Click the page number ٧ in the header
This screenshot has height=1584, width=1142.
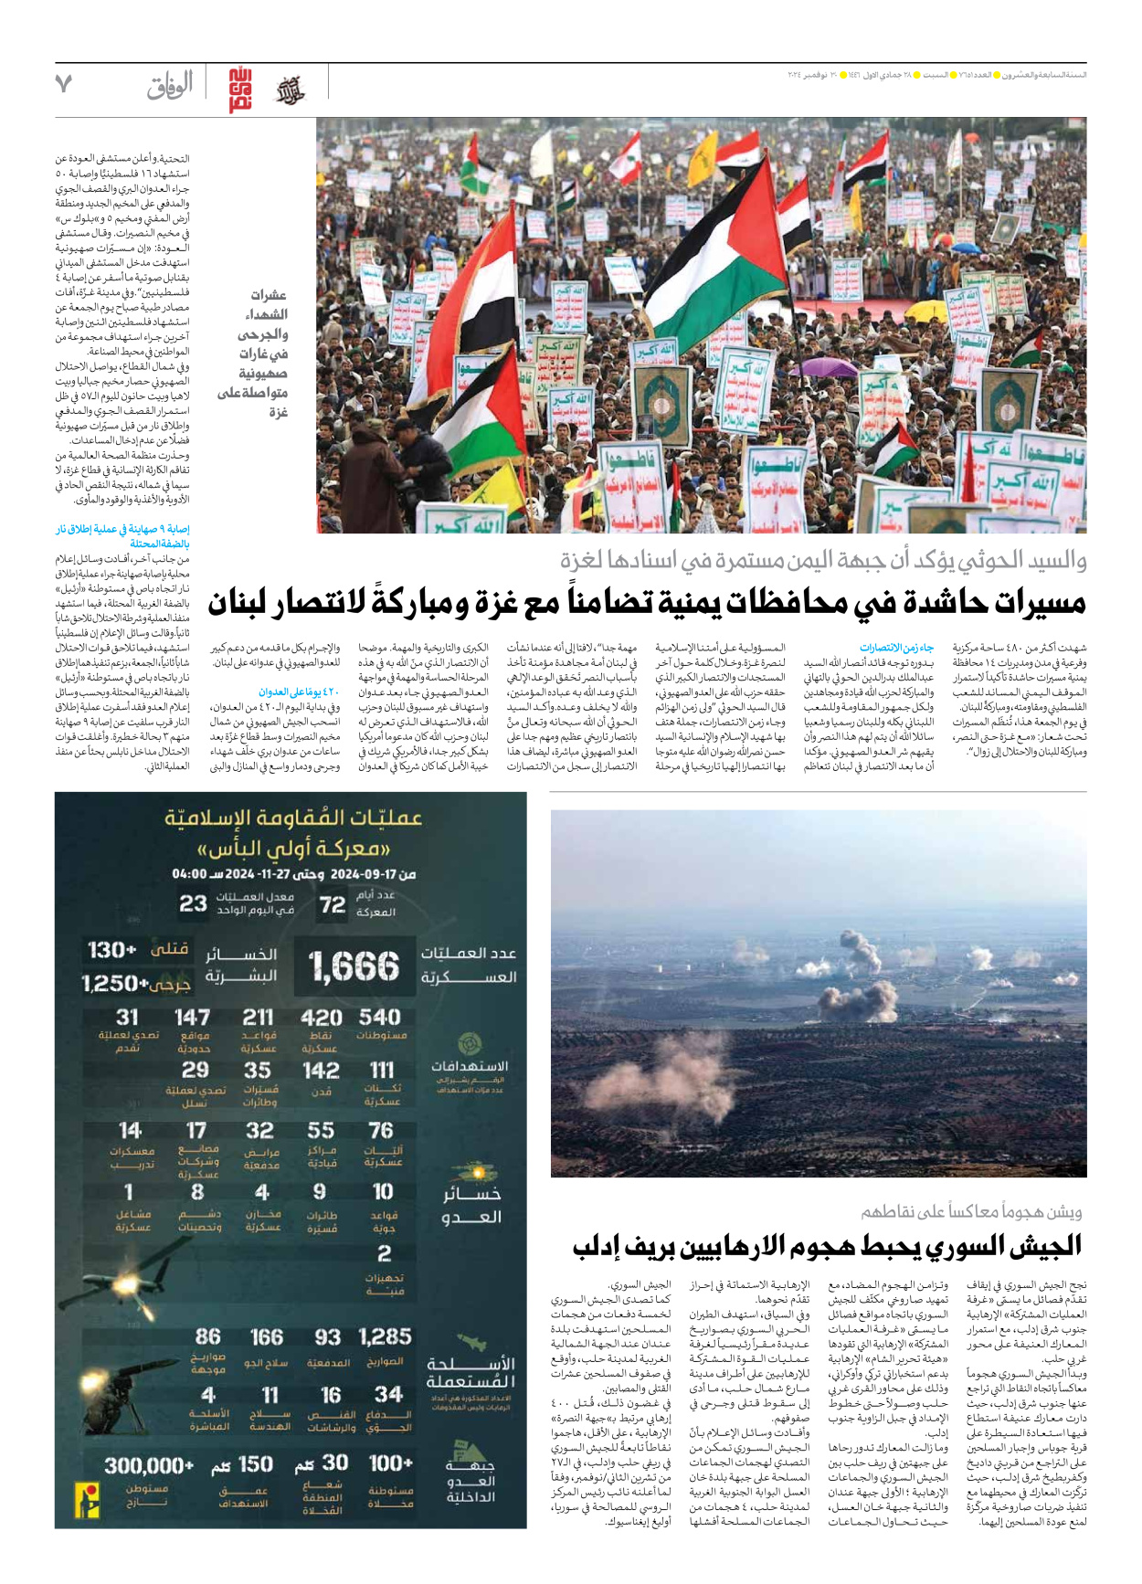[63, 84]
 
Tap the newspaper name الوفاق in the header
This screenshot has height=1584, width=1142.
[170, 86]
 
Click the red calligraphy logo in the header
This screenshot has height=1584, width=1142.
[240, 90]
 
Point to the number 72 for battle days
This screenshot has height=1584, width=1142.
[332, 904]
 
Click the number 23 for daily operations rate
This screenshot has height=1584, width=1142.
[193, 903]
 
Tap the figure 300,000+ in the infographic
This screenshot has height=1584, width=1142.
[149, 1465]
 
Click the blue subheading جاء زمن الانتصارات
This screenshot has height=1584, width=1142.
[896, 648]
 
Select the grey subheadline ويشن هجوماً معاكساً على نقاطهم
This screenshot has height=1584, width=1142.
[971, 1211]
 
